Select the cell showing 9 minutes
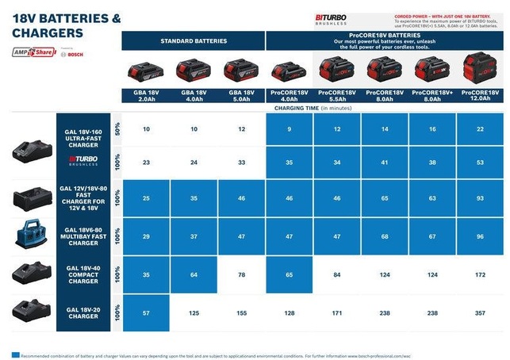pyautogui.click(x=290, y=128)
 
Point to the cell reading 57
pyautogui.click(x=146, y=313)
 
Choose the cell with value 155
pyautogui.click(x=241, y=313)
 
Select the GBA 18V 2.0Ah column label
pyautogui.click(x=146, y=95)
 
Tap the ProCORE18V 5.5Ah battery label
pyautogui.click(x=337, y=95)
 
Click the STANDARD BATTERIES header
pyautogui.click(x=194, y=40)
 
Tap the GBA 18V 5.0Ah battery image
pyautogui.click(x=241, y=72)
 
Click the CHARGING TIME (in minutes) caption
pyautogui.click(x=313, y=107)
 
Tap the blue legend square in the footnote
pyautogui.click(x=15, y=354)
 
